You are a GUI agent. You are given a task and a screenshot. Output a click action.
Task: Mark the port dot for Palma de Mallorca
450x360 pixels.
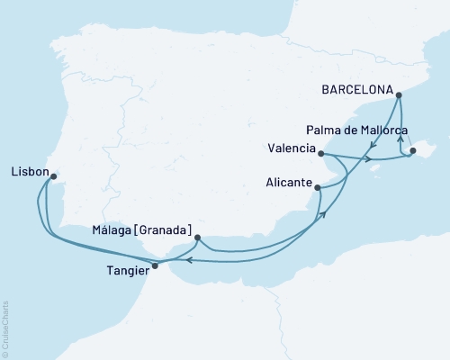coord(413,151)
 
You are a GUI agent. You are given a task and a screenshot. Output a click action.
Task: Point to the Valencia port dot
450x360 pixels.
coord(321,154)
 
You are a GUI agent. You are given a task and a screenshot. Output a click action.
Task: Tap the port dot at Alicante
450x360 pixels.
coord(318,186)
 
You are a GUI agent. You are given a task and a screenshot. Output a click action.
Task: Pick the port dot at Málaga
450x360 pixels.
coord(197,238)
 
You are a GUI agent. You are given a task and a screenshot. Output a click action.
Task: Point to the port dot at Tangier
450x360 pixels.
coord(155,265)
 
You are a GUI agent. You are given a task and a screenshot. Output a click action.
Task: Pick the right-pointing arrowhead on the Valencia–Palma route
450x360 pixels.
coord(370,159)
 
